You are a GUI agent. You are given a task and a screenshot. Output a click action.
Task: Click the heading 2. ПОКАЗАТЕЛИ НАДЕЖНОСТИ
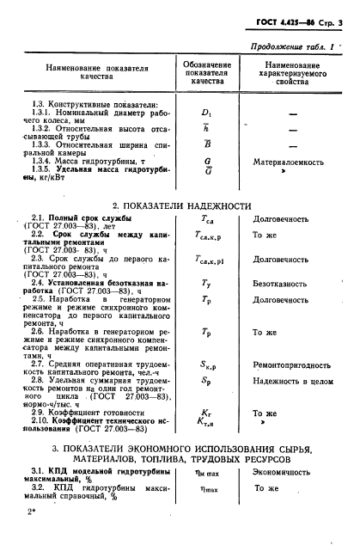179,230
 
